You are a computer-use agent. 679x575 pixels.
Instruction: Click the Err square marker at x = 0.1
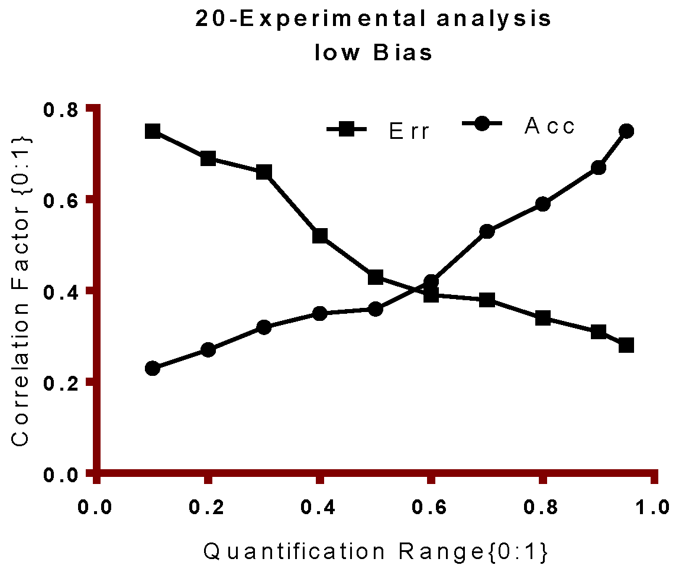pos(153,131)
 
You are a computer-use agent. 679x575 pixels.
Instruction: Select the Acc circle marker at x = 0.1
pos(153,368)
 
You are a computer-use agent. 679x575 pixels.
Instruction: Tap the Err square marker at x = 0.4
pos(320,236)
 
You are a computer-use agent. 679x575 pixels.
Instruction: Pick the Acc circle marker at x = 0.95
pos(626,131)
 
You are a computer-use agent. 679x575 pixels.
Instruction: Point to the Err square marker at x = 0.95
pos(626,345)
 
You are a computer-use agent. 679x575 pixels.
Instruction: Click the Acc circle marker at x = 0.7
pos(487,232)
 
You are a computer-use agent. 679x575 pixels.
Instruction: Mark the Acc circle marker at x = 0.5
pos(376,309)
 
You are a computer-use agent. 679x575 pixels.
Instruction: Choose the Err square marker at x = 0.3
pos(264,173)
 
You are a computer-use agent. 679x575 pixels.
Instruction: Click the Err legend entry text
pos(409,131)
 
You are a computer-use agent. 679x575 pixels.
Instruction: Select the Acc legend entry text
pos(549,126)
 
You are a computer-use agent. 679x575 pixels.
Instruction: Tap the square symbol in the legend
pos(347,129)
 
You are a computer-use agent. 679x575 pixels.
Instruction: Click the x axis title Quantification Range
pos(376,553)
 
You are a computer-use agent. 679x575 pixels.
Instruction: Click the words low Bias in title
pos(374,53)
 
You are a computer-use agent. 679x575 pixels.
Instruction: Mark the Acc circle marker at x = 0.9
pos(599,168)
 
